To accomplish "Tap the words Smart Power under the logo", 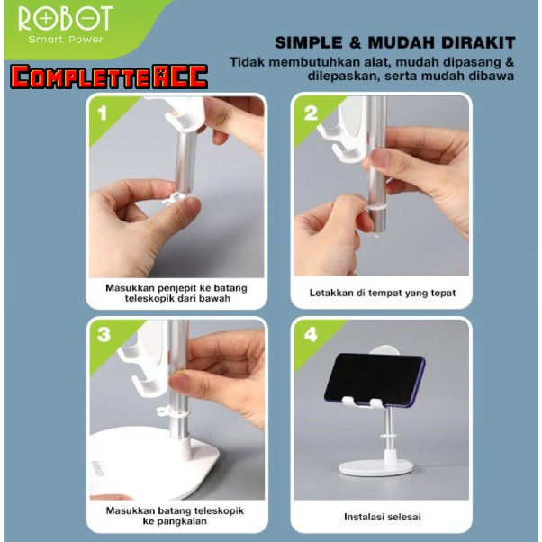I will [x=66, y=41].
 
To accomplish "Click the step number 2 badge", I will [x=312, y=114].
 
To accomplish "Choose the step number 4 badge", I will [x=312, y=335].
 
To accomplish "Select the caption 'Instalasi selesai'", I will [x=382, y=517].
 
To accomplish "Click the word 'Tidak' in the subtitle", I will [x=246, y=61].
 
